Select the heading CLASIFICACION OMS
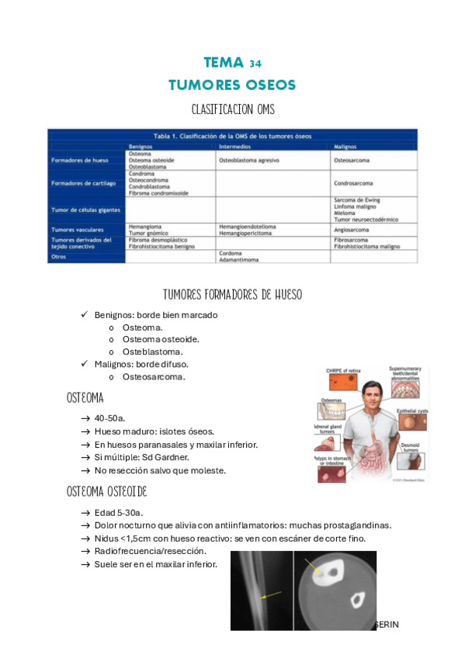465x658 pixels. point(232,109)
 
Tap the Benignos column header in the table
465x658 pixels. point(142,146)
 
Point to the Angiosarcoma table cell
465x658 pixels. point(351,229)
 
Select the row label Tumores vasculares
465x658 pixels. point(78,229)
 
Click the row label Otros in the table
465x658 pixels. point(59,257)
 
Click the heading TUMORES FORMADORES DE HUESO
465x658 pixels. point(232,295)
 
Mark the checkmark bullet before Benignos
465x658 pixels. point(85,315)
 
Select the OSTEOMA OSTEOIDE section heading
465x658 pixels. point(107,492)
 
